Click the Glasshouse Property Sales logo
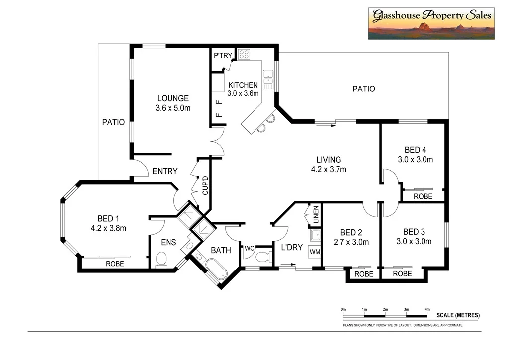(431, 23)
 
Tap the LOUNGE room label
(172, 98)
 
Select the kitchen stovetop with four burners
(244, 54)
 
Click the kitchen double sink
(268, 80)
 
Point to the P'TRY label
(223, 56)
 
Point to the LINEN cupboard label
(316, 214)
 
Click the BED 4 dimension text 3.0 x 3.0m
(415, 160)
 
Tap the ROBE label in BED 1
(115, 264)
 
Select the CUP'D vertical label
(204, 185)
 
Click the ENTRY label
(165, 171)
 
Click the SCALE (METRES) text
(458, 315)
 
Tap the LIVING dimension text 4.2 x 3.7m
(329, 169)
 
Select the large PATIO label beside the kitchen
(363, 89)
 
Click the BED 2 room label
(350, 232)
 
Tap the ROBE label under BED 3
(402, 274)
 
